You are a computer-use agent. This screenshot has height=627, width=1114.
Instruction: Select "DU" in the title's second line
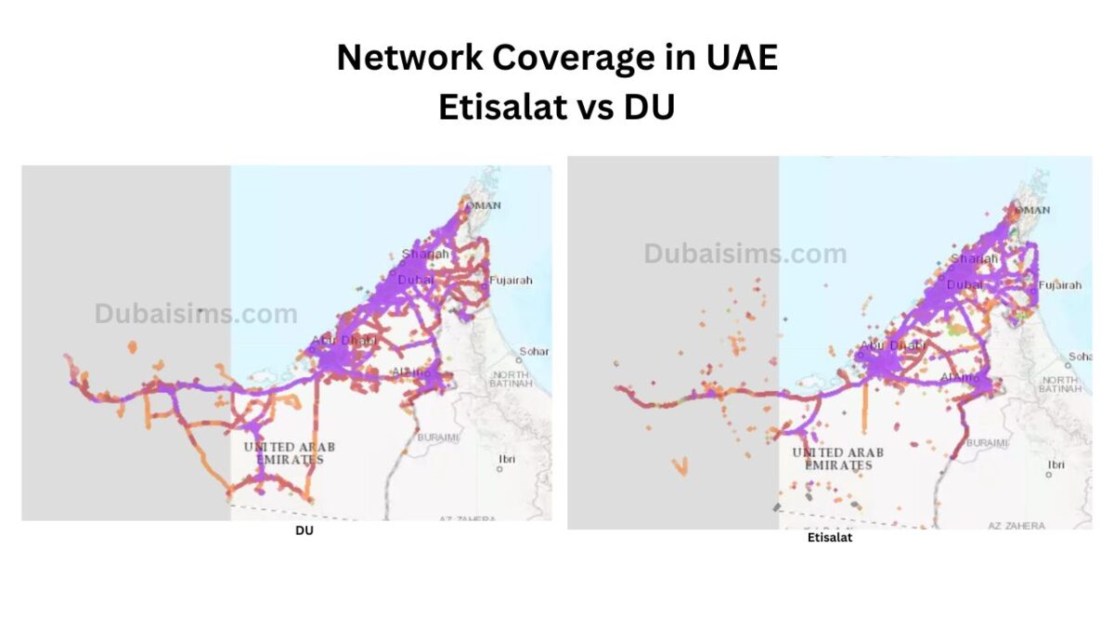649,108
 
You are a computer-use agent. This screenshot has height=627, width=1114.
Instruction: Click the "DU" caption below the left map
304,530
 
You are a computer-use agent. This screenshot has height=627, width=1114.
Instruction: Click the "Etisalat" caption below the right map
829,538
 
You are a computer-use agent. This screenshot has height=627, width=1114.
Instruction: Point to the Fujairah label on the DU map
511,280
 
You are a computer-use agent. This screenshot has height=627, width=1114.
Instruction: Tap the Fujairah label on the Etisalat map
1060,285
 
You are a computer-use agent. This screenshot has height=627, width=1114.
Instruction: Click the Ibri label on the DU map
506,459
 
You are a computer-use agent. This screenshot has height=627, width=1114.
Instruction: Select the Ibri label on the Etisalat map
1056,464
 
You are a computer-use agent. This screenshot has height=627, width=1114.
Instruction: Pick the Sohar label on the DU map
534,351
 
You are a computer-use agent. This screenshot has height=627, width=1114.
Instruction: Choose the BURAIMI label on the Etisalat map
987,443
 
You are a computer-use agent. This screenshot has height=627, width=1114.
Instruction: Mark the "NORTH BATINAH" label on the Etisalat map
1061,384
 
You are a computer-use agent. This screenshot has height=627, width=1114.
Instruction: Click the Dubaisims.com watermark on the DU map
196,314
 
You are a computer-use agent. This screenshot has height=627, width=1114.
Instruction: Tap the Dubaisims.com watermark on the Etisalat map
745,254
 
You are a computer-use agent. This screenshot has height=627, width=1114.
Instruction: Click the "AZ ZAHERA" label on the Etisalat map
1016,526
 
